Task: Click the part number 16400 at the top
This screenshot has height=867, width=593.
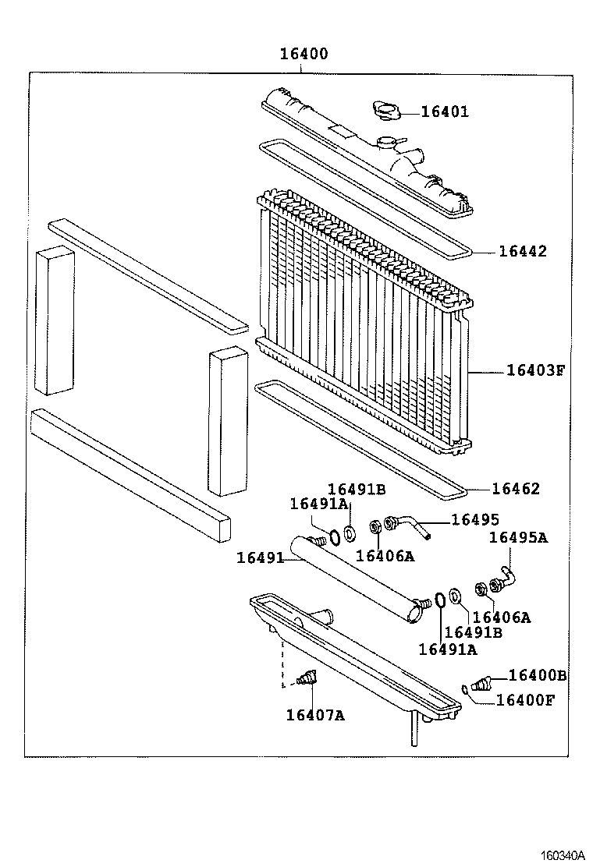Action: pyautogui.click(x=304, y=55)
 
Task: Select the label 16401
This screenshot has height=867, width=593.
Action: pyautogui.click(x=445, y=111)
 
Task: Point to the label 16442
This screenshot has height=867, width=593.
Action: pyautogui.click(x=523, y=252)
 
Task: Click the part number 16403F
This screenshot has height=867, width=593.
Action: pyautogui.click(x=534, y=370)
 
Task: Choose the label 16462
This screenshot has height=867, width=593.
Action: pyautogui.click(x=516, y=489)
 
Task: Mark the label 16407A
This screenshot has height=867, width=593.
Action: pyautogui.click(x=314, y=714)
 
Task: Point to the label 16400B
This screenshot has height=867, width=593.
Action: pyautogui.click(x=537, y=675)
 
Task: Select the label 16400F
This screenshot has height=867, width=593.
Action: pyautogui.click(x=525, y=699)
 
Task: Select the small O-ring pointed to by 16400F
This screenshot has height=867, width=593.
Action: pyautogui.click(x=465, y=688)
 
